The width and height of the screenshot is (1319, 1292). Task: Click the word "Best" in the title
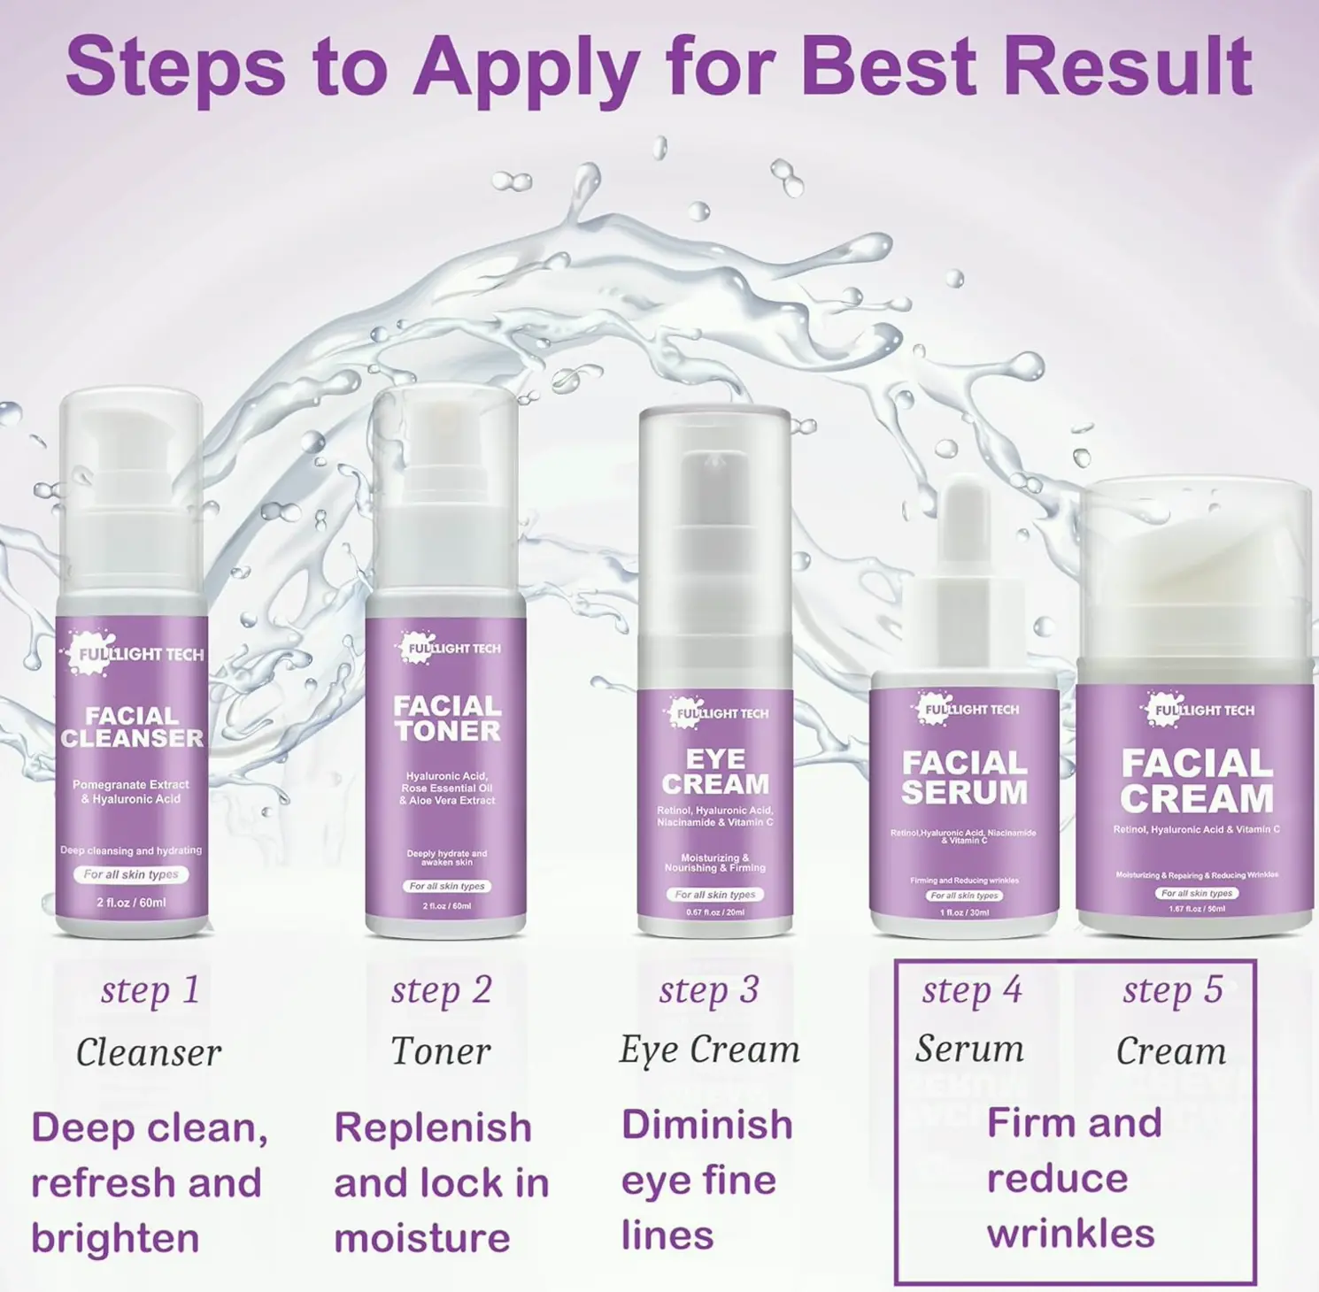(892, 67)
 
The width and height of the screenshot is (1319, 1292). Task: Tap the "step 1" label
(150, 990)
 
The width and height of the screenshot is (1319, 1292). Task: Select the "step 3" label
(708, 990)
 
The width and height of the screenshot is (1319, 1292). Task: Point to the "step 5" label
(1172, 989)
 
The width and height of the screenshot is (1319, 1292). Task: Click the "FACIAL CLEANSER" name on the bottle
(132, 727)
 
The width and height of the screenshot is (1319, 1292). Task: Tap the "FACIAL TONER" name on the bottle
(447, 718)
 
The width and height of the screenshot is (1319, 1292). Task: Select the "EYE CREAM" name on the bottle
(715, 772)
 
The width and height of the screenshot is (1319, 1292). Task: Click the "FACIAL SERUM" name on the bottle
(964, 777)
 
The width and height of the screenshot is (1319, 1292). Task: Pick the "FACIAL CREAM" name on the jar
(1196, 781)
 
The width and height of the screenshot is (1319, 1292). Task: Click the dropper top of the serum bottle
(964, 531)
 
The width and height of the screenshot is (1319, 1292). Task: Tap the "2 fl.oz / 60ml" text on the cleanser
(131, 903)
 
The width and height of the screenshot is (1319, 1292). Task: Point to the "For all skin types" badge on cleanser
(131, 874)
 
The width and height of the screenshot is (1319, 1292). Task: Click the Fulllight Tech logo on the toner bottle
(448, 648)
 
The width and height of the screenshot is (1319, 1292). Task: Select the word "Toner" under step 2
(440, 1051)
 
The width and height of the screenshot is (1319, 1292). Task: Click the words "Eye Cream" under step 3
(709, 1050)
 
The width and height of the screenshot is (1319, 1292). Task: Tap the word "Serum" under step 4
(969, 1049)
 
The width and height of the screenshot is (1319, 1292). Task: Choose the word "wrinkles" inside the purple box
(1070, 1234)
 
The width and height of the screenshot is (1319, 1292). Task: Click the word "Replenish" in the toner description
(433, 1127)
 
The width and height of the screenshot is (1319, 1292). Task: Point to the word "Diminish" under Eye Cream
(706, 1125)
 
